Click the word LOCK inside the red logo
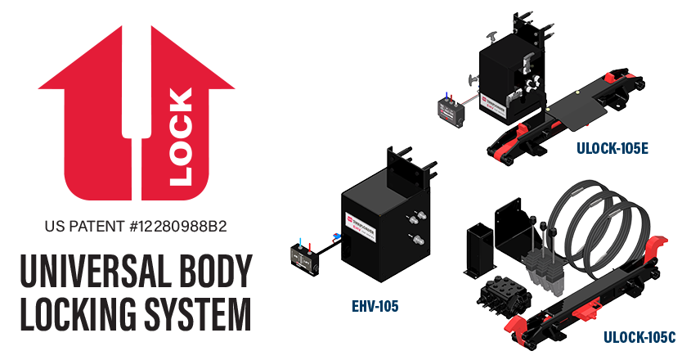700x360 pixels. tap(182, 136)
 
